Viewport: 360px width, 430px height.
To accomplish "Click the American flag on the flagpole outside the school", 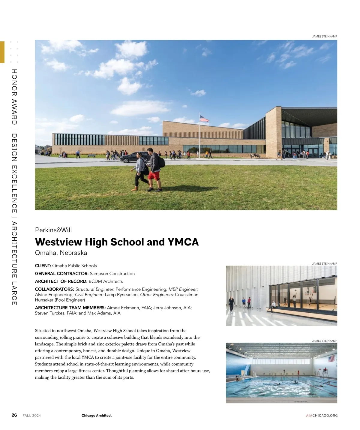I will (204, 119).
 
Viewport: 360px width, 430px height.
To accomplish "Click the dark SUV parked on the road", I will (135, 157).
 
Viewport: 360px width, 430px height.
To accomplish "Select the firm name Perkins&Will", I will (53, 230).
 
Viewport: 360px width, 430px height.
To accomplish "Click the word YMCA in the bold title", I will (183, 242).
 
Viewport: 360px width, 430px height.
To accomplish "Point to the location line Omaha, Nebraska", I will (61, 253).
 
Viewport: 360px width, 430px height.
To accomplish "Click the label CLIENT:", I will (43, 266).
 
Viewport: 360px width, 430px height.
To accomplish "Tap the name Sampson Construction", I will (112, 273).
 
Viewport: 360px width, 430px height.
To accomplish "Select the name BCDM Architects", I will (106, 281).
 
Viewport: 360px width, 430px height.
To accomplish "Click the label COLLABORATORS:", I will (54, 289).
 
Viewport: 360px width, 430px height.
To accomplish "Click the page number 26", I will (14, 415).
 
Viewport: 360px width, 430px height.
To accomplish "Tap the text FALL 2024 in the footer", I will (32, 416).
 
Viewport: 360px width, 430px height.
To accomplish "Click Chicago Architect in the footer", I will (96, 416).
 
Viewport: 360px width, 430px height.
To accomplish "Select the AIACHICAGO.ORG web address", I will (322, 416).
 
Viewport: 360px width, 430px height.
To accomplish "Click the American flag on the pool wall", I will (331, 359).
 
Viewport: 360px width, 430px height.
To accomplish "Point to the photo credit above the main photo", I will (325, 36).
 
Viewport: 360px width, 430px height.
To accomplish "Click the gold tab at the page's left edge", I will (2, 52).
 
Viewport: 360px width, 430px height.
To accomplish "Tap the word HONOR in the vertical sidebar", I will (14, 80).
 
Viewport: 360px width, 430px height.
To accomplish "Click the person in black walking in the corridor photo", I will (232, 304).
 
